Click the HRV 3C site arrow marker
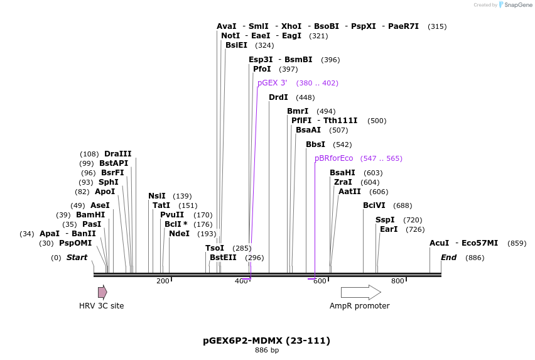[x=102, y=292]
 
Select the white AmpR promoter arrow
[x=360, y=292]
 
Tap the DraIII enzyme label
[x=118, y=154]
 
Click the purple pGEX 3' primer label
[x=272, y=83]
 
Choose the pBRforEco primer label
[x=333, y=158]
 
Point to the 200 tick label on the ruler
[x=163, y=281]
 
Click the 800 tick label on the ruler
[x=397, y=281]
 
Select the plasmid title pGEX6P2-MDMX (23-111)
[x=266, y=341]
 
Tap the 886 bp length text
[x=267, y=351]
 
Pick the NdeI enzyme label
[x=179, y=234]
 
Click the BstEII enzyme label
[x=223, y=258]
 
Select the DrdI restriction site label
[x=278, y=97]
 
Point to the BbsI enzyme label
[x=315, y=145]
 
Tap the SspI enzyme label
[x=385, y=220]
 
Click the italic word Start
[x=77, y=258]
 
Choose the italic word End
[x=448, y=258]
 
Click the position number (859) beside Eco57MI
[x=517, y=243]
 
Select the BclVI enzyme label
[x=374, y=205]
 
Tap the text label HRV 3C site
[x=101, y=306]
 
